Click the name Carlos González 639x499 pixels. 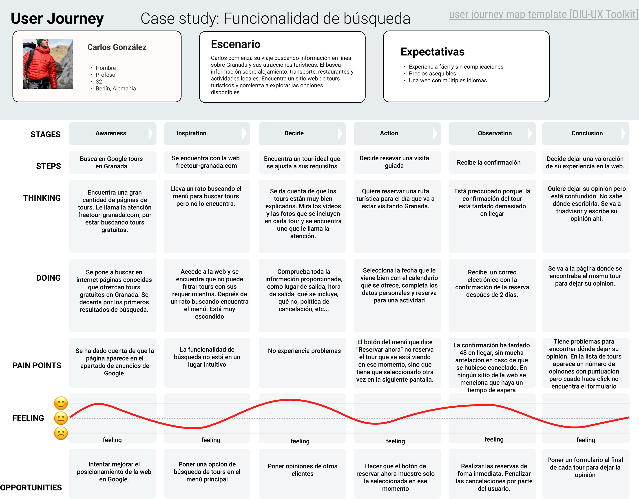117,47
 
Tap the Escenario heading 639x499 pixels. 236,44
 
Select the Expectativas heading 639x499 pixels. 432,52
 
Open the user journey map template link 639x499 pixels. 543,14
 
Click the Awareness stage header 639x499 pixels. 111,133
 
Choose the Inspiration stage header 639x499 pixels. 191,133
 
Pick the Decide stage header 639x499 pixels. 294,133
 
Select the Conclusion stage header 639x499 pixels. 587,133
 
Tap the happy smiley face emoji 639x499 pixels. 61,403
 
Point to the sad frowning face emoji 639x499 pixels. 61,433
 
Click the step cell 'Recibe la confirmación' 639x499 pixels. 489,163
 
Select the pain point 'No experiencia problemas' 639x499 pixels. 304,351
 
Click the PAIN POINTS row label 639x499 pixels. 37,365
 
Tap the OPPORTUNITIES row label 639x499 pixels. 31,488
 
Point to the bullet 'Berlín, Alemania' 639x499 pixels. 116,89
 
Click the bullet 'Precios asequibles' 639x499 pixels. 432,74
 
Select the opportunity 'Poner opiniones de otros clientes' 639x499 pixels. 302,470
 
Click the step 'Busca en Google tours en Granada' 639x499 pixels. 111,163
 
